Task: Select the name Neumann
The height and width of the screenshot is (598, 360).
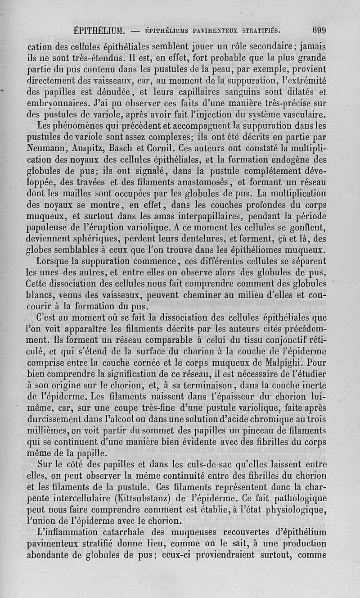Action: (x=46, y=148)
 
